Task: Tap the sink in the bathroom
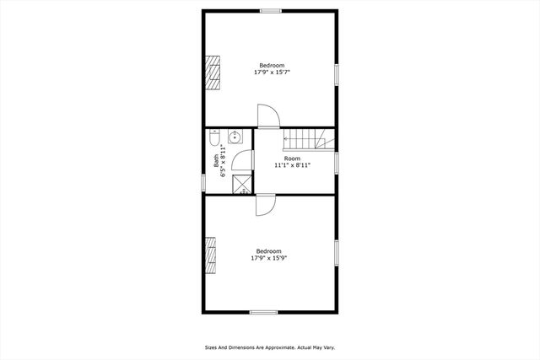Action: click(235, 137)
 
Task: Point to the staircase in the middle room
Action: click(307, 138)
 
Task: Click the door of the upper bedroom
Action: click(267, 116)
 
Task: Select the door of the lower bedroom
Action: click(265, 205)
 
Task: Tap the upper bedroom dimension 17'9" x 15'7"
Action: click(271, 73)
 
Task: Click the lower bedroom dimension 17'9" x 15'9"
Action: click(269, 258)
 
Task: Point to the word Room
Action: click(292, 159)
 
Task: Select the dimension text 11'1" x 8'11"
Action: click(292, 165)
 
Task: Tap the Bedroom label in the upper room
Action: click(271, 66)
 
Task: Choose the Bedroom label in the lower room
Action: click(269, 251)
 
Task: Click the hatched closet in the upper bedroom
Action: click(213, 73)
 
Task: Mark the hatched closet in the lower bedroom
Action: click(211, 255)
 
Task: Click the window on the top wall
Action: click(270, 11)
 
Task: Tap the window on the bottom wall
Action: click(263, 312)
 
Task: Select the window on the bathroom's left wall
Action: click(203, 181)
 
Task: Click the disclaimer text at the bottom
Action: click(270, 347)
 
